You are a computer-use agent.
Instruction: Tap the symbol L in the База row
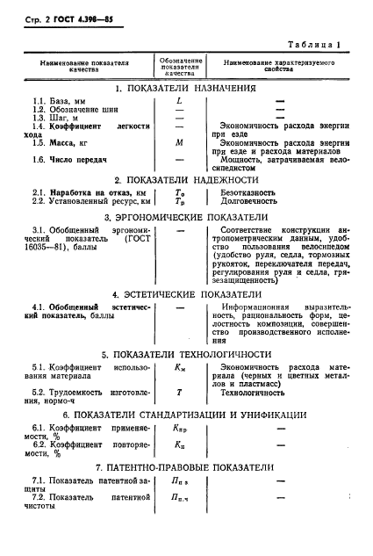pyautogui.click(x=179, y=103)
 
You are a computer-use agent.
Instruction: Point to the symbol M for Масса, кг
pyautogui.click(x=179, y=141)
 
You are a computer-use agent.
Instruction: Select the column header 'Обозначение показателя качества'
pyautogui.click(x=179, y=64)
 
